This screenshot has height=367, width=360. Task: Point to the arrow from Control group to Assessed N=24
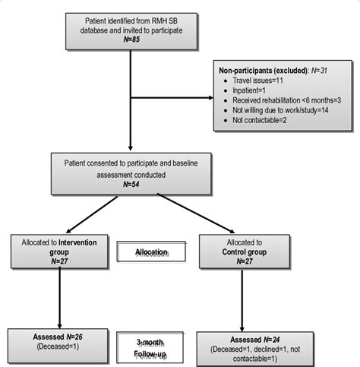(242, 300)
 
